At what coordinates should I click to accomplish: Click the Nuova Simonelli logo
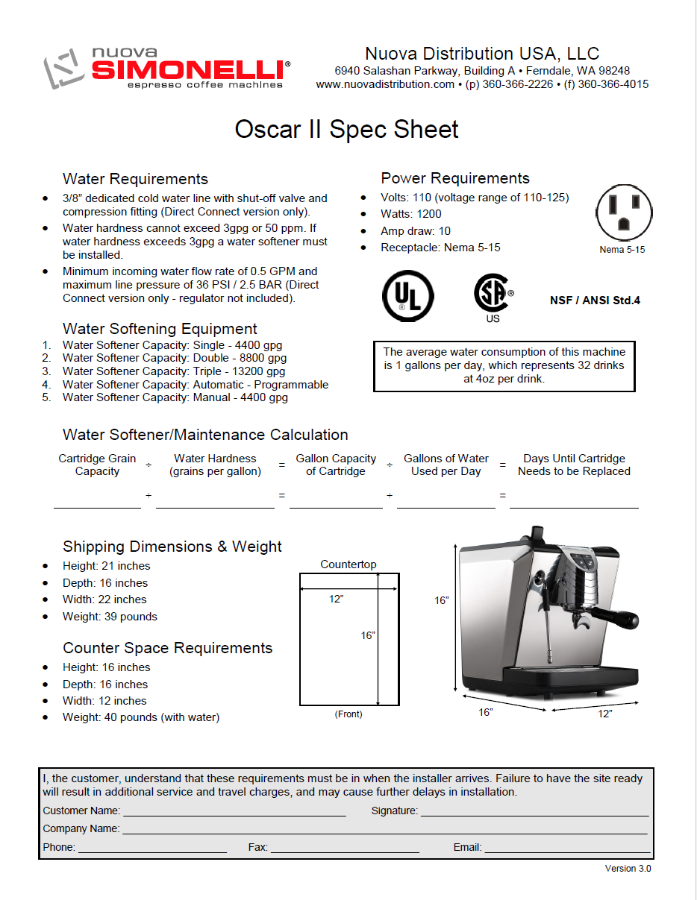[x=166, y=68]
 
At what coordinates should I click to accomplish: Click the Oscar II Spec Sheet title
[x=347, y=129]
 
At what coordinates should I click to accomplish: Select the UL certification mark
[x=408, y=296]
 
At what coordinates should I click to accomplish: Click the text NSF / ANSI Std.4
[x=595, y=300]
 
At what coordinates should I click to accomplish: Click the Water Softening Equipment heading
[x=160, y=329]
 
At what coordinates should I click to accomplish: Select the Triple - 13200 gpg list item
[x=173, y=371]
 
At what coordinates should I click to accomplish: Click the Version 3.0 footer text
[x=628, y=869]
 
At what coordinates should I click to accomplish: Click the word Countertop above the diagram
[x=348, y=564]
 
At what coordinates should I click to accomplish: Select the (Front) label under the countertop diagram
[x=348, y=714]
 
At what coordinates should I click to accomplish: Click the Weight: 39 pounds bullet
[x=110, y=617]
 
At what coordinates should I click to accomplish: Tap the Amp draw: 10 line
[x=415, y=231]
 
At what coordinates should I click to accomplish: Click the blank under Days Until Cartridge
[x=574, y=503]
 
